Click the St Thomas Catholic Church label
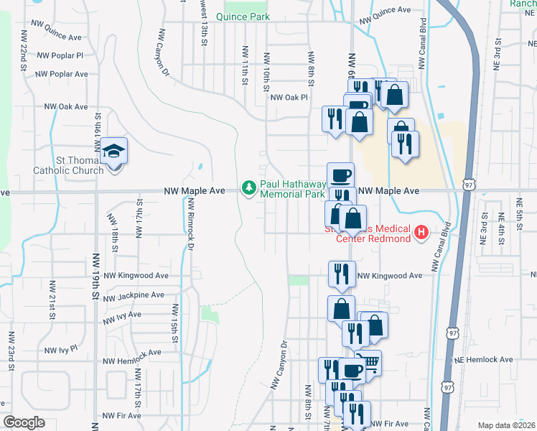68,165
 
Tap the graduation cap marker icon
113,152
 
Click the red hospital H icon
421,233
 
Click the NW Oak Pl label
289,97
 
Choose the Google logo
24,423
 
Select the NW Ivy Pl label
60,350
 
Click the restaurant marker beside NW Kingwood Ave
342,274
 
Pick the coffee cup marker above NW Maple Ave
340,175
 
